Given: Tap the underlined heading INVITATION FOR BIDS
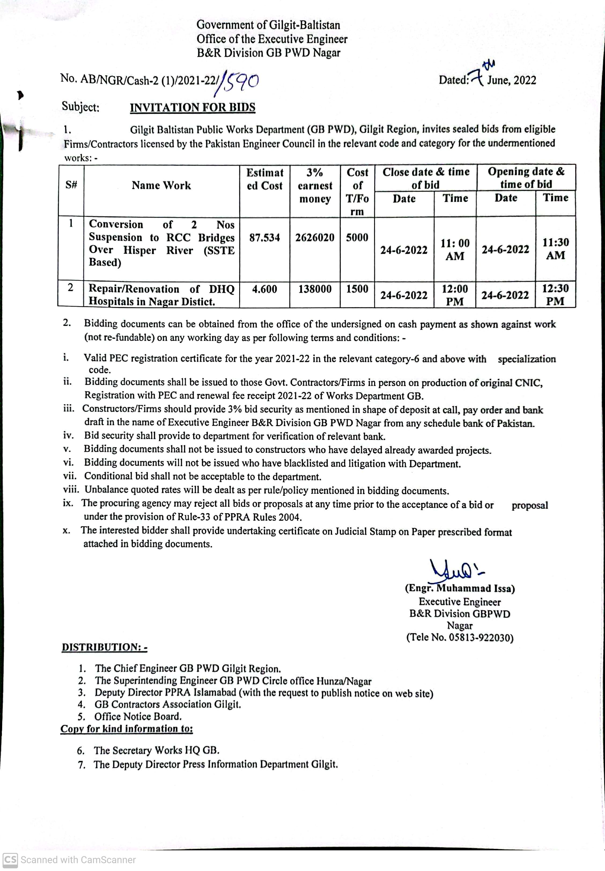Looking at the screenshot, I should (x=192, y=107).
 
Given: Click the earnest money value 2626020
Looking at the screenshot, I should (x=315, y=238).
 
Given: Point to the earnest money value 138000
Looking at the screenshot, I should (x=315, y=289).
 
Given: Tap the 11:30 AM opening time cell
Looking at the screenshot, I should (x=555, y=249).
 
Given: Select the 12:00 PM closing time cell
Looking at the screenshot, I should (x=455, y=295).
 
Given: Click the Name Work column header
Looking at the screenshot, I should (x=161, y=185).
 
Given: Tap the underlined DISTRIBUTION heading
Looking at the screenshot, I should (x=104, y=647).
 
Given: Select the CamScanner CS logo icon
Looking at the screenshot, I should (x=10, y=860).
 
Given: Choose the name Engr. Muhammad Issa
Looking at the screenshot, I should (x=459, y=588).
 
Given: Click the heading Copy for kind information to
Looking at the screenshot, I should (x=127, y=729).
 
